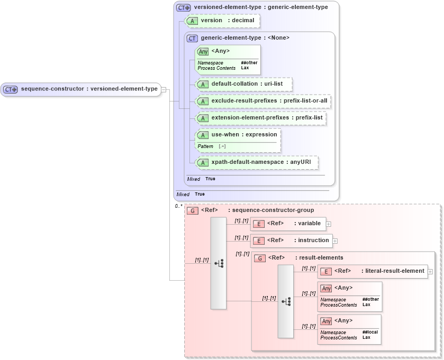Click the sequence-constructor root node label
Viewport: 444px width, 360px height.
[x=89, y=89]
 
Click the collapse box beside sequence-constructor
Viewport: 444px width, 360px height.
[x=164, y=89]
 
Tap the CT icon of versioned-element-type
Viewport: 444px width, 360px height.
[x=184, y=8]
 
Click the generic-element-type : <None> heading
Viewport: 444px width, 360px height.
[x=244, y=38]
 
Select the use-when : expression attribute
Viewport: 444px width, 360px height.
[x=244, y=135]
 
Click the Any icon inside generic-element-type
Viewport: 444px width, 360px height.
[x=203, y=52]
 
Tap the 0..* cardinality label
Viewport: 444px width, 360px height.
[x=178, y=206]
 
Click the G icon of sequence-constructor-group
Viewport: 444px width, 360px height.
[x=193, y=211]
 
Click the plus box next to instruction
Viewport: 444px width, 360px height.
[x=335, y=241]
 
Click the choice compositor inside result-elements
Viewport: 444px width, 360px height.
[x=286, y=301]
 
